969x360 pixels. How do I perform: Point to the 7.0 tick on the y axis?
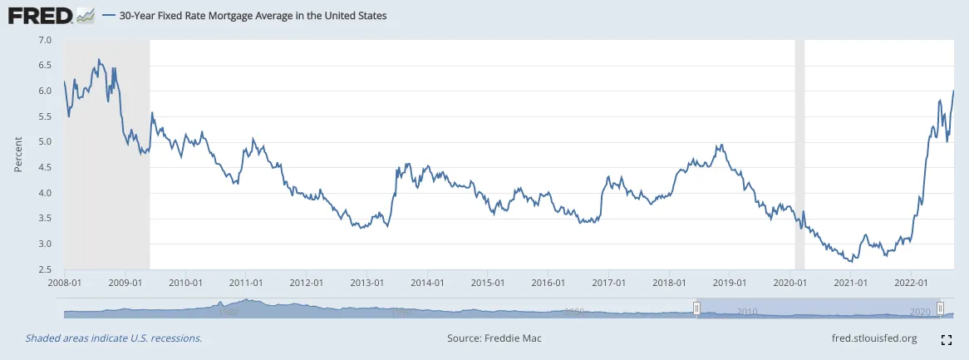tap(45, 40)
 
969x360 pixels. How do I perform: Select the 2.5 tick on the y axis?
tap(45, 269)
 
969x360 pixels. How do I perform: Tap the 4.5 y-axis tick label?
tap(45, 167)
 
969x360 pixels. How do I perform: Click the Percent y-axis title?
tap(18, 155)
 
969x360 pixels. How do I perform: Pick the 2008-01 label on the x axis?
tap(65, 282)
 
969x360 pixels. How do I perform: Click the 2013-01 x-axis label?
tap(366, 282)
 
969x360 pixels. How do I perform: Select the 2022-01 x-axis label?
tap(911, 282)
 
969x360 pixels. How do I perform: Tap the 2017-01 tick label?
tap(608, 282)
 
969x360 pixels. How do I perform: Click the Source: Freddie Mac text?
tap(494, 338)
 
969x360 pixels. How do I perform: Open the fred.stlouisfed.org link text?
tap(873, 338)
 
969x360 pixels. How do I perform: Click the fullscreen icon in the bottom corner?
tap(946, 339)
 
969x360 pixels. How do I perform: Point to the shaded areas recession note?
tap(114, 338)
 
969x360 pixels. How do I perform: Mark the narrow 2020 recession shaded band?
tap(800, 154)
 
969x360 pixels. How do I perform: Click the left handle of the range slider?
tap(697, 309)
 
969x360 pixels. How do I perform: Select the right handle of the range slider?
tap(939, 309)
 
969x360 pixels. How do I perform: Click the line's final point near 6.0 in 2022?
tap(952, 91)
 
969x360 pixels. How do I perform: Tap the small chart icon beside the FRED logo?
tap(85, 15)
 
